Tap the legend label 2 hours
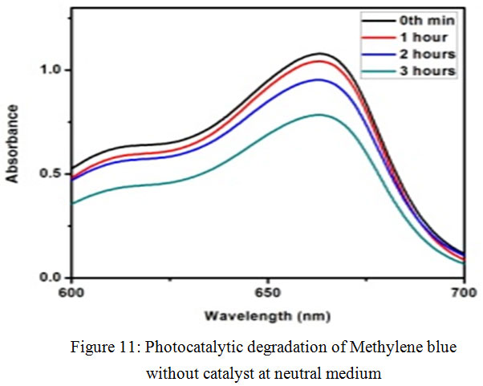pos(428,55)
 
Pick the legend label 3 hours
pos(428,71)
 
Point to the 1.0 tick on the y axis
pos(52,71)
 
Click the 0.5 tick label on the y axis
pos(52,174)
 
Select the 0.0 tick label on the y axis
pos(52,278)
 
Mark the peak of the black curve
pos(319,54)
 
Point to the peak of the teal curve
pos(319,115)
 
